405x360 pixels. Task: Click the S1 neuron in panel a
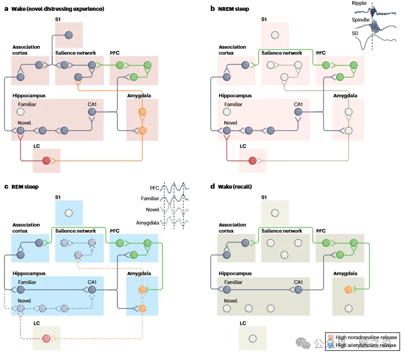[x=68, y=35]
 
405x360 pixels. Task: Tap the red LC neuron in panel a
[x=46, y=161]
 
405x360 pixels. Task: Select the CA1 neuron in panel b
[x=298, y=112]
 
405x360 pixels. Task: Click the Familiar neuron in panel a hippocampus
[x=21, y=112]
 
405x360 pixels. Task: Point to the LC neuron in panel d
[x=252, y=338]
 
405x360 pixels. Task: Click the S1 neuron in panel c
[x=68, y=213]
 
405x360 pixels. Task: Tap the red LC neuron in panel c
[x=46, y=339]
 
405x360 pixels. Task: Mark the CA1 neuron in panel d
[x=298, y=290]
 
